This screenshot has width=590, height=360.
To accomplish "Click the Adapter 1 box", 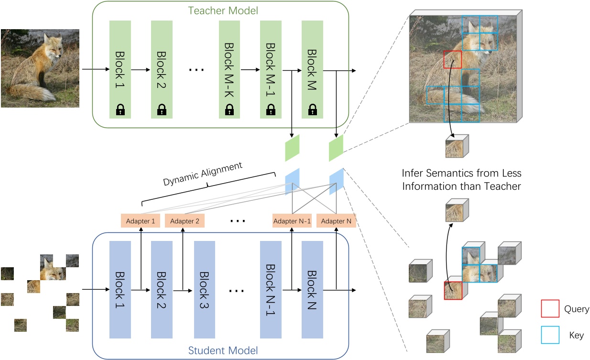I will click(x=140, y=221).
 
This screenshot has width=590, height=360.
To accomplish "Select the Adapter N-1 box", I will click(x=292, y=221).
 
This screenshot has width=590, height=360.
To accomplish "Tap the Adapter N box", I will click(x=336, y=221).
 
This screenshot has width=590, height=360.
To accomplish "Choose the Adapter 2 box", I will click(x=185, y=221).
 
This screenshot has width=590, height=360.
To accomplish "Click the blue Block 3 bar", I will click(x=204, y=289).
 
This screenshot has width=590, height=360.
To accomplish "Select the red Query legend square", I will click(x=550, y=309).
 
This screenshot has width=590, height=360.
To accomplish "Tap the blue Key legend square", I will click(x=550, y=335).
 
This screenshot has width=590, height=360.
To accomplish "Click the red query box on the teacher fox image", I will click(x=452, y=60).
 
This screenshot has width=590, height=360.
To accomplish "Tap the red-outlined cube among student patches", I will click(x=453, y=291).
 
